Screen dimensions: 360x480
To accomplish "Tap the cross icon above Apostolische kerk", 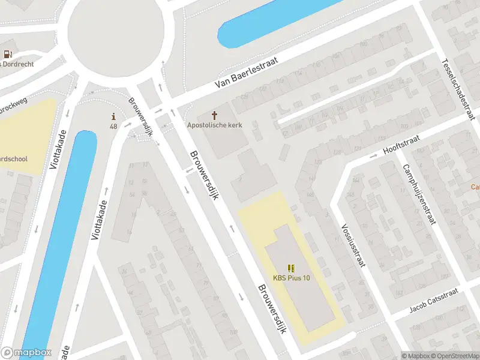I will point(214,114).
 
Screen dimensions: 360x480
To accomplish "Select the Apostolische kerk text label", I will point(214,125).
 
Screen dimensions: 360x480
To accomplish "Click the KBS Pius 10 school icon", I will point(292,268).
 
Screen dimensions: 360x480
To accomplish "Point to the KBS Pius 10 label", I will point(292,278).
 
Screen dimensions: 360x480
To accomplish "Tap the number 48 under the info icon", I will point(113,126).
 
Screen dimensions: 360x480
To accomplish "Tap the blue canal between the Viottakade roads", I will point(57,240).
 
